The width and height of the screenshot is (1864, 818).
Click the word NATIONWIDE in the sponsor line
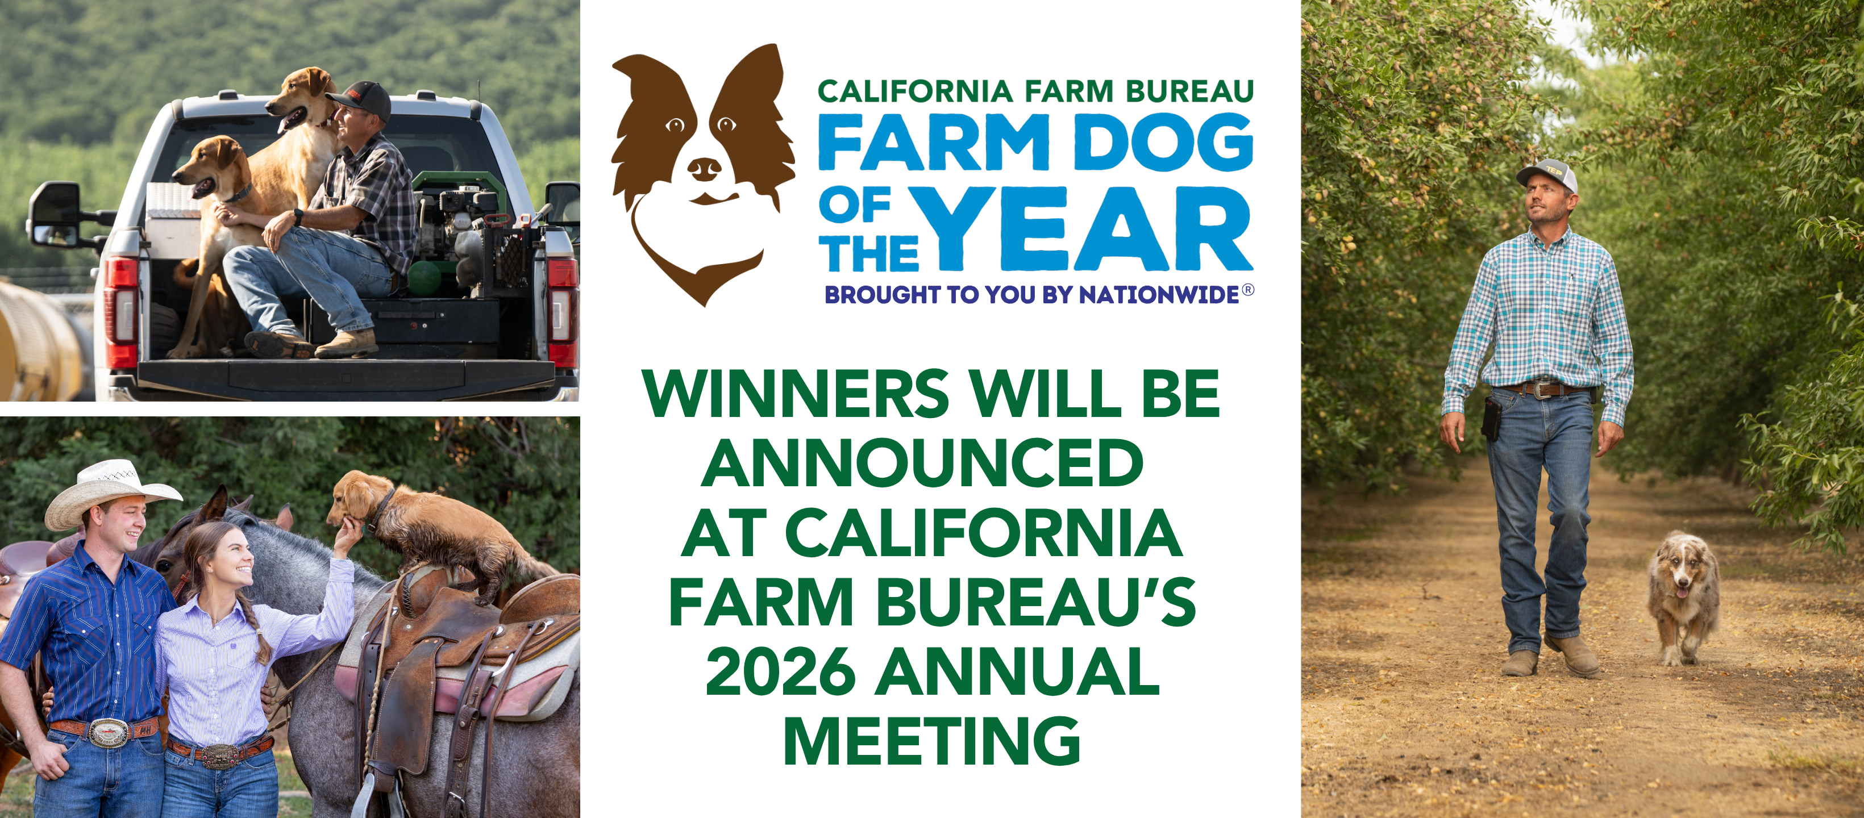tap(1159, 295)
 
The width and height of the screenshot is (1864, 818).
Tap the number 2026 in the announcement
tap(780, 672)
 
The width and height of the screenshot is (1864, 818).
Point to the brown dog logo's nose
tap(704, 169)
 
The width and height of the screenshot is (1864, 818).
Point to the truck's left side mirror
tap(54, 215)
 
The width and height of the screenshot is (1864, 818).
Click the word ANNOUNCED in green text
tap(922, 463)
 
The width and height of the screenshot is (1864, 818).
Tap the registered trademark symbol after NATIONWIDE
tap(1247, 290)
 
